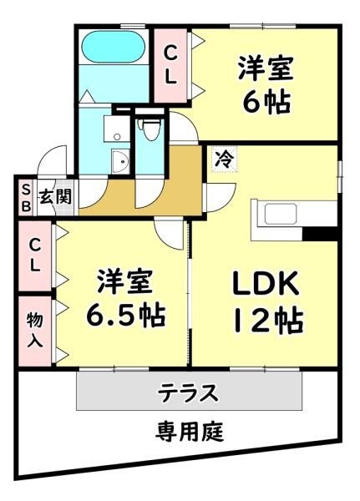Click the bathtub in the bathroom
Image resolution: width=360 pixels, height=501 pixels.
point(114,47)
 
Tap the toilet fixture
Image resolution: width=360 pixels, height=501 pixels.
point(149,129)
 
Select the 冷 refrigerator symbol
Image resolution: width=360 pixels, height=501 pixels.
point(225,159)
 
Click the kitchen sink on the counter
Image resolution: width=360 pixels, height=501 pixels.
point(281,214)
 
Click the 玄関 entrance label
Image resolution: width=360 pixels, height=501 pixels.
point(55,196)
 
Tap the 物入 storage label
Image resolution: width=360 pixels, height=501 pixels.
point(34,331)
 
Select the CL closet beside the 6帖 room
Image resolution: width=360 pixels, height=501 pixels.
point(170,65)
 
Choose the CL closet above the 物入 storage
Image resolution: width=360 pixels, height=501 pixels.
point(34,256)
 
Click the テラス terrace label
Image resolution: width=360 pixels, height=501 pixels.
point(189,392)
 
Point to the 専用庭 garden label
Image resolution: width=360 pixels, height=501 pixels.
point(190,431)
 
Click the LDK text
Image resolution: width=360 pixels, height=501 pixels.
point(265,283)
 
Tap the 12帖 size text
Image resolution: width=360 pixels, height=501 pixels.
point(268,321)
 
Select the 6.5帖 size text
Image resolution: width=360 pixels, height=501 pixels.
point(125,315)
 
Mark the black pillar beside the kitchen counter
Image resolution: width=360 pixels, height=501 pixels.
point(320,234)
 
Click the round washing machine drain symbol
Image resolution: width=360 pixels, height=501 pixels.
point(117,137)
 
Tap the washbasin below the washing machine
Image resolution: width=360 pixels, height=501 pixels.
point(120,162)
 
